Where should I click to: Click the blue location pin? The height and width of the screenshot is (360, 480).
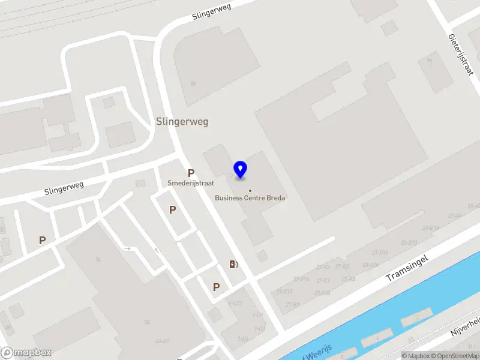pyautogui.click(x=241, y=169)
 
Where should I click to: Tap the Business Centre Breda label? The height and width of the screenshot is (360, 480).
pyautogui.click(x=250, y=198)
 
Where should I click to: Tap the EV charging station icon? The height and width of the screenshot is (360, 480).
pyautogui.click(x=233, y=264)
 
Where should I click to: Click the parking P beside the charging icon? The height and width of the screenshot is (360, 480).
pyautogui.click(x=216, y=287)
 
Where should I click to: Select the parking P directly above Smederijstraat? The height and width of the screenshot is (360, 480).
pyautogui.click(x=191, y=173)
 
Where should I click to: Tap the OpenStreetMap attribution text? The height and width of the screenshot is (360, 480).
pyautogui.click(x=457, y=356)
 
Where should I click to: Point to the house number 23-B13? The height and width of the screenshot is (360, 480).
pyautogui.click(x=409, y=243)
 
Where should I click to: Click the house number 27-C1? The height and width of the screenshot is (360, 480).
pyautogui.click(x=323, y=281)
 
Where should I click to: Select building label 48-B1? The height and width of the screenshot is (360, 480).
pyautogui.click(x=161, y=342)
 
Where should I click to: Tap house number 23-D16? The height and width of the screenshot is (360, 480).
pyautogui.click(x=379, y=253)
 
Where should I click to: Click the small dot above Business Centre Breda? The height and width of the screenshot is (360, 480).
pyautogui.click(x=250, y=191)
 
